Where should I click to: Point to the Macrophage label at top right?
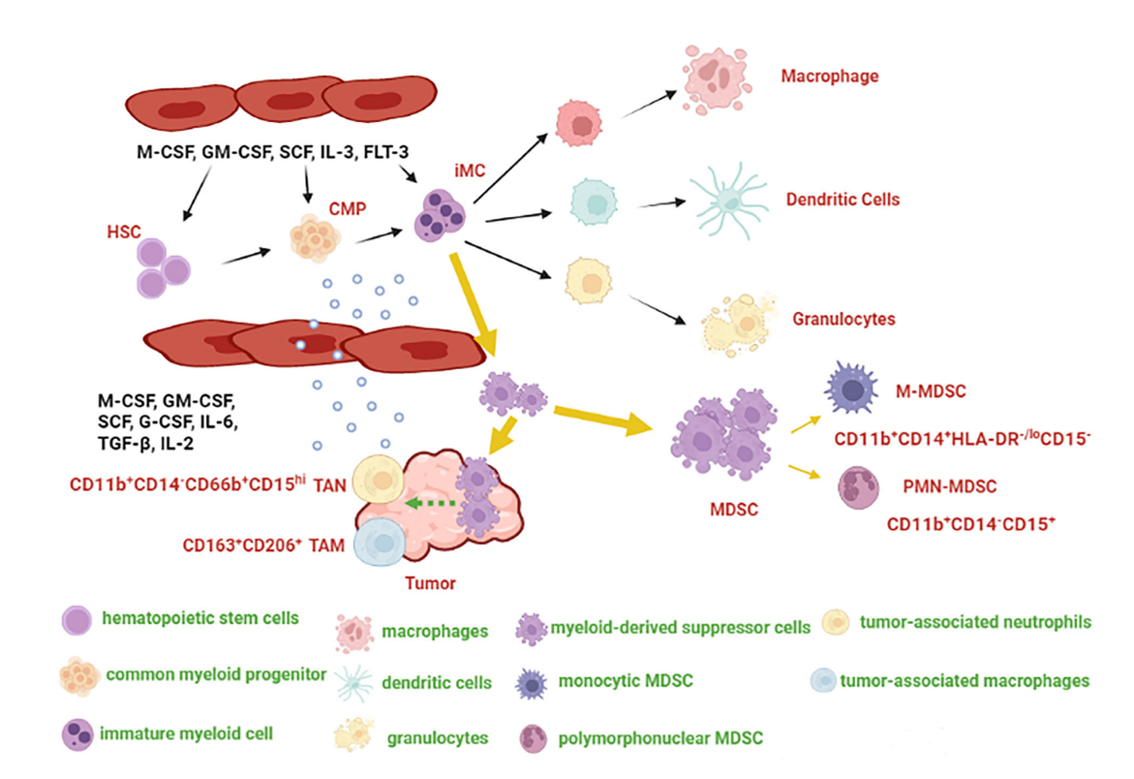pos(829,76)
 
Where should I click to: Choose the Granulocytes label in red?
pos(843,318)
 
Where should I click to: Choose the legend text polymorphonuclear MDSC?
pos(660,738)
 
